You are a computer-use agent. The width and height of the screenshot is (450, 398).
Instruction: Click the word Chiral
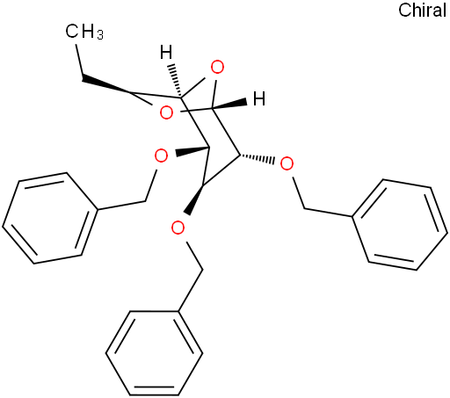pos(422,11)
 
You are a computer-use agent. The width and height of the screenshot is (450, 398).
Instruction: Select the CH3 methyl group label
pos(84,32)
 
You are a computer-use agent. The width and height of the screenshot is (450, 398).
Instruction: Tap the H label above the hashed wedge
pos(166,52)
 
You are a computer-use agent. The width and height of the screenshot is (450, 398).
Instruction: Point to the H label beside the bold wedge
pos(259,98)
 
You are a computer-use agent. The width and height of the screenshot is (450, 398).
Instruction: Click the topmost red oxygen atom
pos(217,68)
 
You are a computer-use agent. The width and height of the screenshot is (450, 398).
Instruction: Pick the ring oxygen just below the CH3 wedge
pos(166,112)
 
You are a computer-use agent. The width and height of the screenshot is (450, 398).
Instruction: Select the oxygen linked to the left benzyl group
pos(161,156)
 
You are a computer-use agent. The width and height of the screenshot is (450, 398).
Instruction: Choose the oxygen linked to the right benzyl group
pos(287,163)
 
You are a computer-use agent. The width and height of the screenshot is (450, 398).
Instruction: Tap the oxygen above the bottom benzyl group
pos(178,228)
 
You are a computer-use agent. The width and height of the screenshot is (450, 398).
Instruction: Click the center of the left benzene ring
pos(50,218)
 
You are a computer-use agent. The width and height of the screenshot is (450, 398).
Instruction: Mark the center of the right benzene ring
pos(400,224)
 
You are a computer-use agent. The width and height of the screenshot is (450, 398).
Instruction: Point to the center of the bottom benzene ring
pos(154,353)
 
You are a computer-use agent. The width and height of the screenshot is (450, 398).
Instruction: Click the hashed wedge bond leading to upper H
pos(175,81)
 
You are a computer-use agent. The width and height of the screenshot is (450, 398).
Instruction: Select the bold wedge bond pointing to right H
pos(229,105)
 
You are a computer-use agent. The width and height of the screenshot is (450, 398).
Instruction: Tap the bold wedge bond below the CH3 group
pos(106,85)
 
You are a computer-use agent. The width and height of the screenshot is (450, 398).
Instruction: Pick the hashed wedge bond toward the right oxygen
pos(257,158)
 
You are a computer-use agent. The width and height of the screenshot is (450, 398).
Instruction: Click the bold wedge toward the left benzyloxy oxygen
pos(192,151)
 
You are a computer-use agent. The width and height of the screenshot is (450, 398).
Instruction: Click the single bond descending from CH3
pos(79,59)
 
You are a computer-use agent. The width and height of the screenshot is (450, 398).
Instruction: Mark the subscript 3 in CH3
pos(100,35)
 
